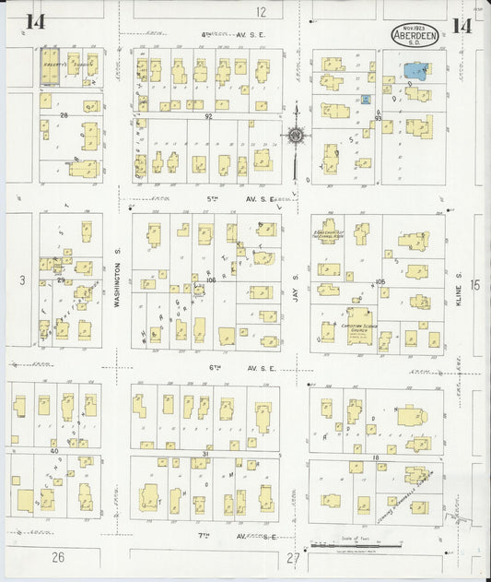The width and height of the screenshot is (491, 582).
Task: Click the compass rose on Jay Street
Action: (297, 137)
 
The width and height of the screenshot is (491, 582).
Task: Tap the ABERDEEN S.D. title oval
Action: (419, 32)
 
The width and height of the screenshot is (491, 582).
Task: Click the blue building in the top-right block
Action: (416, 68)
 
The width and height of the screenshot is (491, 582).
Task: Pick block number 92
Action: (208, 116)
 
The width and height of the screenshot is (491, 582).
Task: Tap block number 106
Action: (211, 279)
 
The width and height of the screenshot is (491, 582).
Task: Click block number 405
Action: (378, 280)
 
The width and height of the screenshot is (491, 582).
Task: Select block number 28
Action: (64, 115)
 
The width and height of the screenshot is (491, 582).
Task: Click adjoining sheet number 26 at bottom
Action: (58, 557)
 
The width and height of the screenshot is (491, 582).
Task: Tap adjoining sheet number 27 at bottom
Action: (294, 558)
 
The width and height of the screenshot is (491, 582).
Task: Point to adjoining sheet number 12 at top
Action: (261, 12)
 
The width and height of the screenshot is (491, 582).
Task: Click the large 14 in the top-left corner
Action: (35, 22)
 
